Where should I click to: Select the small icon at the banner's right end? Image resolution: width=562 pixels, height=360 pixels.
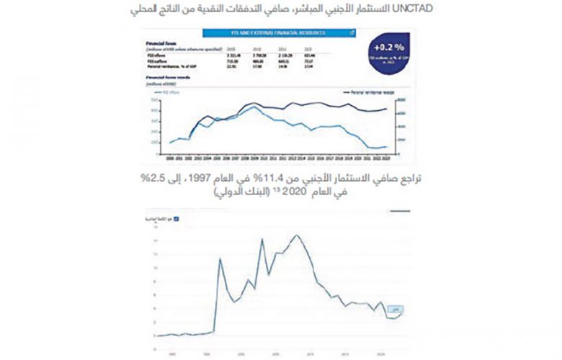click(x=351, y=32)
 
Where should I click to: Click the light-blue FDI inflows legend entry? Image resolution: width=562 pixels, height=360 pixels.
click(x=167, y=92)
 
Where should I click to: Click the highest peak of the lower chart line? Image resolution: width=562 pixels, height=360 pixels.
click(x=295, y=235)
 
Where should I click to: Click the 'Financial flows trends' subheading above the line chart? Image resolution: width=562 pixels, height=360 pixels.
click(x=168, y=76)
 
